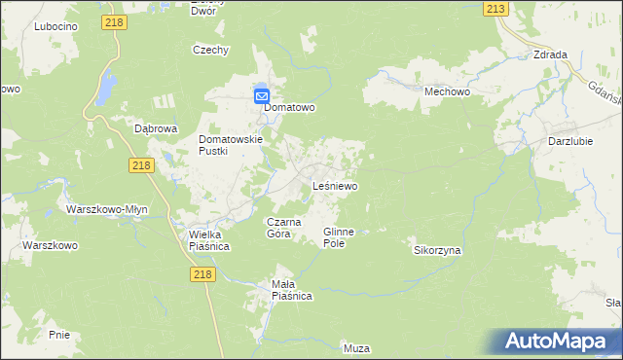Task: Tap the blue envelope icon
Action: click(262, 96)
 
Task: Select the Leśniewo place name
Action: click(334, 185)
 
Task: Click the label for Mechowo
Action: click(448, 90)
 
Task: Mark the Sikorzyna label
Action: click(437, 250)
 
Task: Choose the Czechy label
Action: click(210, 49)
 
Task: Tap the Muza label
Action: click(357, 347)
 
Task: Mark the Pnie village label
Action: click(58, 334)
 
